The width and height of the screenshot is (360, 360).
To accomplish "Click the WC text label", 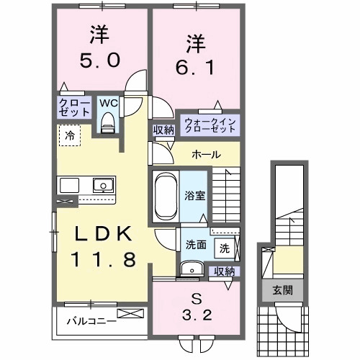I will coord(107,103).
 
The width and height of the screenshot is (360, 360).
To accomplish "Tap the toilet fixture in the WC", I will coord(108,123).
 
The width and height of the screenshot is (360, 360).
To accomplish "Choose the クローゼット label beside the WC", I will coord(74,108).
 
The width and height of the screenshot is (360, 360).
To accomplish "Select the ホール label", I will coord(206,155).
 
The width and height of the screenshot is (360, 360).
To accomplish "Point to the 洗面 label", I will coord(196,244).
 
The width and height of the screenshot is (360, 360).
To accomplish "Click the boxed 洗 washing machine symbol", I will coord(224,248).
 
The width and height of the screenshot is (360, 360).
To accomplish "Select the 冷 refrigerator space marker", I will coord(69,134).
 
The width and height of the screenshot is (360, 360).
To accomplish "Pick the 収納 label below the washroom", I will coord(224,271).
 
